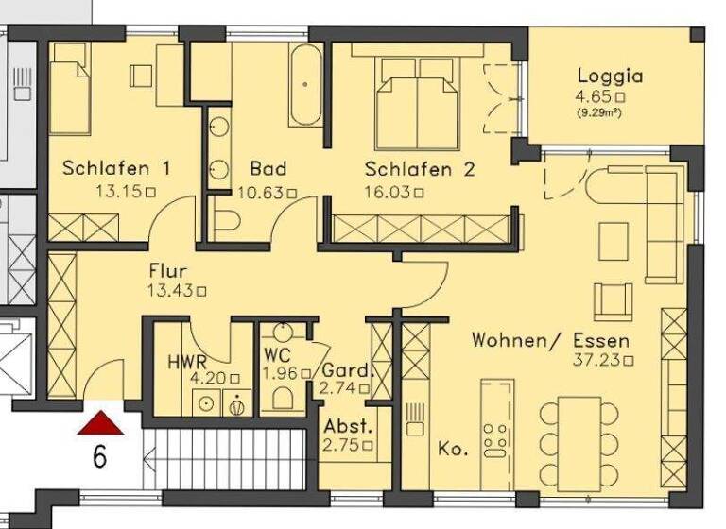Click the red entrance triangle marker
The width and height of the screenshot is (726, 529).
pos(101,422)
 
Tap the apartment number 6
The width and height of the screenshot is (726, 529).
pos(100,457)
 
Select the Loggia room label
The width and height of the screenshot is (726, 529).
pos(610,77)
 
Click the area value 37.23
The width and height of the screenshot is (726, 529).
pos(598,359)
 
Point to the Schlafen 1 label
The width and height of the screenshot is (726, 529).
pos(116,169)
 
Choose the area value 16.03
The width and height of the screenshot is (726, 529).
pos(389,191)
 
